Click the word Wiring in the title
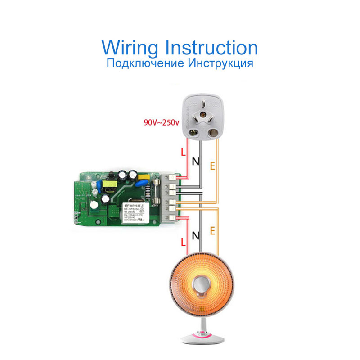(x=131, y=48)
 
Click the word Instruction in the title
(x=212, y=47)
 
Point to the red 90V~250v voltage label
(x=160, y=122)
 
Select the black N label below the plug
(x=196, y=161)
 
